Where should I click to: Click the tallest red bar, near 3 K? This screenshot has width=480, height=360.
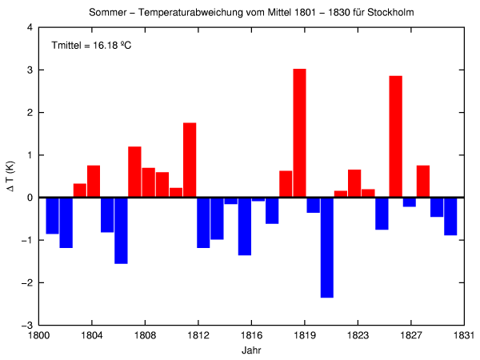299,133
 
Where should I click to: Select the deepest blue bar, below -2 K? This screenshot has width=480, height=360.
326,247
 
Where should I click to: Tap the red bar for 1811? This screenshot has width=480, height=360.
190,160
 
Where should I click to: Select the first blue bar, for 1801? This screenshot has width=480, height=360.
52,215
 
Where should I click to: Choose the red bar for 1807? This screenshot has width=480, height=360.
134,172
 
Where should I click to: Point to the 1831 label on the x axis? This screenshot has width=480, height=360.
465,335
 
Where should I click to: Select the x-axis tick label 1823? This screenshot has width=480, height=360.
358,335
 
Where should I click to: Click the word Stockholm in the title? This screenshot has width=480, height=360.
390,14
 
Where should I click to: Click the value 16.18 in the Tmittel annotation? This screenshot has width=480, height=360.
105,46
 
